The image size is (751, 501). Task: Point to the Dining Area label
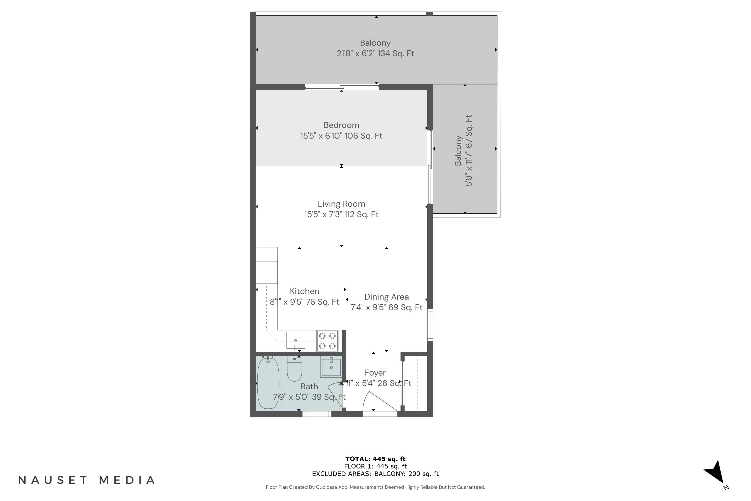pyautogui.click(x=386, y=297)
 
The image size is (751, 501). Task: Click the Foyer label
pyautogui.click(x=375, y=373)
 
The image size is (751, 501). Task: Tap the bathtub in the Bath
pyautogui.click(x=268, y=384)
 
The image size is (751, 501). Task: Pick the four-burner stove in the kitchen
pyautogui.click(x=327, y=341)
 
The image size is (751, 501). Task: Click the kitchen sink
pyautogui.click(x=296, y=340)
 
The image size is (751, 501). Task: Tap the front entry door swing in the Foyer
pyautogui.click(x=378, y=403)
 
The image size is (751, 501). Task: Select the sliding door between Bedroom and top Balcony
pyautogui.click(x=342, y=87)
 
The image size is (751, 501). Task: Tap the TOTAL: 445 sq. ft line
pyautogui.click(x=375, y=459)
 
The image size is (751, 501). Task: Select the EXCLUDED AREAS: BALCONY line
pyautogui.click(x=375, y=474)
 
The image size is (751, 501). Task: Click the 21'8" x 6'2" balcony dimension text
pyautogui.click(x=375, y=53)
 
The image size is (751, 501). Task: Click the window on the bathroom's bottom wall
pyautogui.click(x=317, y=414)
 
